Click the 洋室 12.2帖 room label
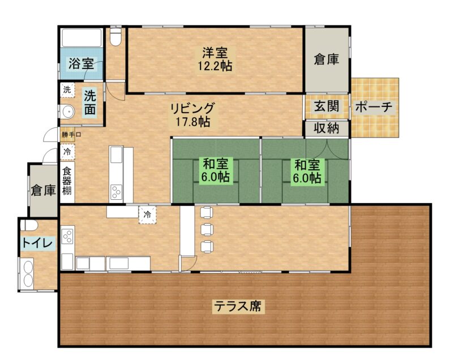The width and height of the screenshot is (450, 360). (215, 59)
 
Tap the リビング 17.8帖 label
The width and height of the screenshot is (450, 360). (193, 115)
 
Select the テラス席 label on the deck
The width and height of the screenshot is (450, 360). (238, 306)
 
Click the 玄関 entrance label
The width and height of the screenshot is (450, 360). (327, 106)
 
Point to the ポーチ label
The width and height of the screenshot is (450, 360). (374, 107)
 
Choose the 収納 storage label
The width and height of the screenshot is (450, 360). (327, 128)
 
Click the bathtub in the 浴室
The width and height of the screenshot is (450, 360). (82, 37)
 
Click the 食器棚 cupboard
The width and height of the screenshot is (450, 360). (67, 182)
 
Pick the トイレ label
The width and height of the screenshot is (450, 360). (37, 243)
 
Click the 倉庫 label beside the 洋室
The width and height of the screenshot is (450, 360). (327, 59)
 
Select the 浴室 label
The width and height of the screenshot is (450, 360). (82, 63)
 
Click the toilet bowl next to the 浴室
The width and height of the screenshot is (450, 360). (116, 37)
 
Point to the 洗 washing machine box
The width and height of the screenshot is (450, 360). (67, 89)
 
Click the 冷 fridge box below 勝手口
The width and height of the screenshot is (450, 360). (67, 152)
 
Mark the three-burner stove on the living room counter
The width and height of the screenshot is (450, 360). (116, 192)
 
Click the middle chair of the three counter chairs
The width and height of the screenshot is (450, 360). (207, 229)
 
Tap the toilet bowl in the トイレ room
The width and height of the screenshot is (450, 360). (29, 225)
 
